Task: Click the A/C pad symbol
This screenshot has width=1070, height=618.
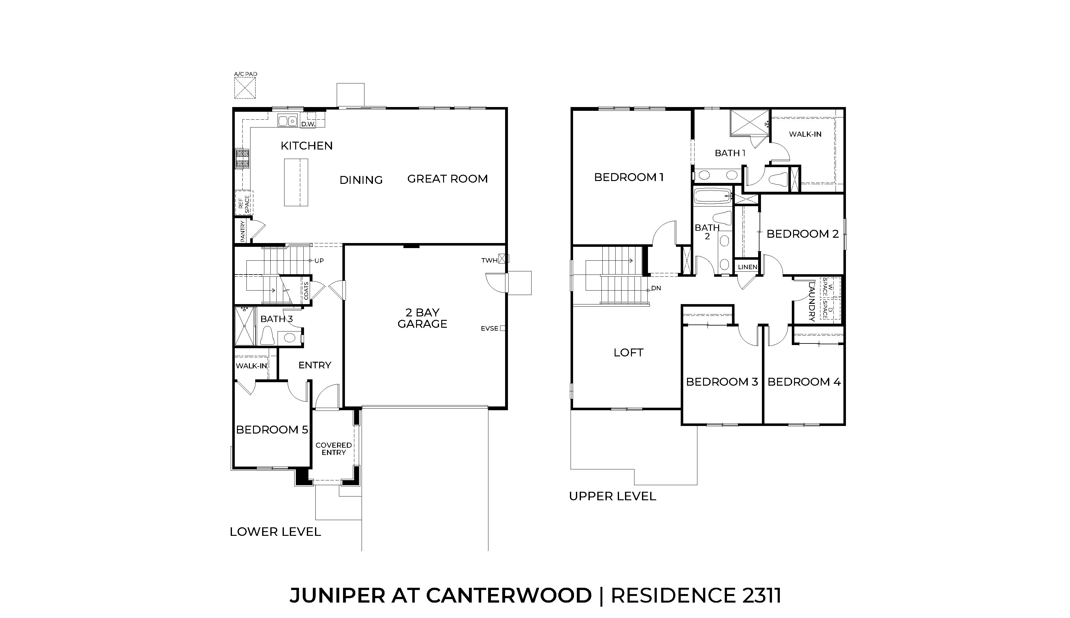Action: (x=245, y=88)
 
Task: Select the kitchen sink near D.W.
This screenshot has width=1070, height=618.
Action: (x=287, y=121)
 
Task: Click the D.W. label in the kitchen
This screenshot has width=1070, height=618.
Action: (x=308, y=124)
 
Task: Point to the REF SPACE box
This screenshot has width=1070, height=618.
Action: (x=244, y=203)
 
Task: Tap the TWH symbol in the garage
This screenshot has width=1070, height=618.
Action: (x=504, y=258)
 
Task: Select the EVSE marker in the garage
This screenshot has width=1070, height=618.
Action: (x=502, y=328)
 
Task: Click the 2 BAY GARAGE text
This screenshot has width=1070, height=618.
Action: (x=422, y=318)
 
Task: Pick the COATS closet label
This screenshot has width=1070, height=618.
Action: (x=306, y=291)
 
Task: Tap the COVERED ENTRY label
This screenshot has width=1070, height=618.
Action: (x=334, y=449)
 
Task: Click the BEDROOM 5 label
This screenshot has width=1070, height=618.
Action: (x=272, y=429)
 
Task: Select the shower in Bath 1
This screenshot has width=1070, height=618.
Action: (x=749, y=123)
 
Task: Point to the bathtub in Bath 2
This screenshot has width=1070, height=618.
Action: (x=713, y=197)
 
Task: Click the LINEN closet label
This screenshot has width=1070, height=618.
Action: (x=747, y=267)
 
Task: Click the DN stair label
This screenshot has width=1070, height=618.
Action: (x=656, y=288)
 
